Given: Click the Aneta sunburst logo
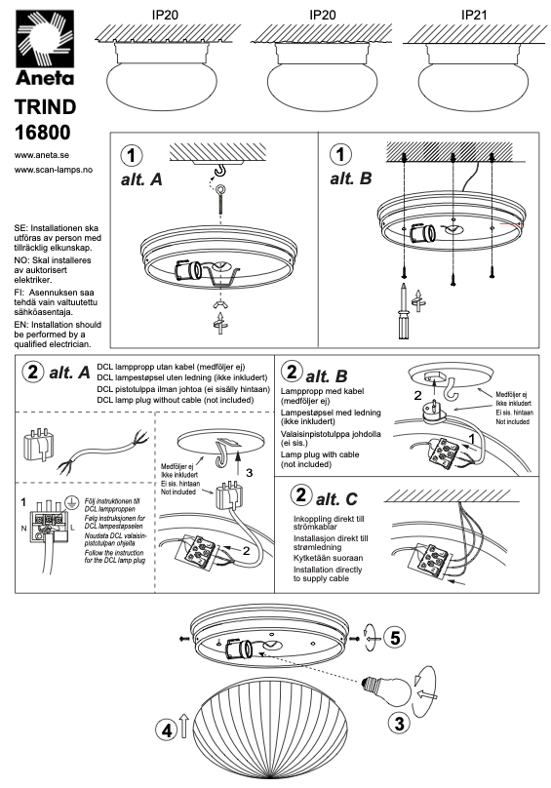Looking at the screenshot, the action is click(x=45, y=39).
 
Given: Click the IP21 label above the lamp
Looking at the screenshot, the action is click(x=474, y=15).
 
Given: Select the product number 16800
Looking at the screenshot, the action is click(x=43, y=133).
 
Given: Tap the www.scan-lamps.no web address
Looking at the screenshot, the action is click(x=54, y=170).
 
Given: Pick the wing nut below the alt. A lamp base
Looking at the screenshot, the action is click(x=219, y=304).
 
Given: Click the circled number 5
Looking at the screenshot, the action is click(x=395, y=637).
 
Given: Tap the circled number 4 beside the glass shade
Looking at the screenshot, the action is click(x=166, y=729).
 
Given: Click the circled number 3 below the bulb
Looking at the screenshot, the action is click(x=399, y=724).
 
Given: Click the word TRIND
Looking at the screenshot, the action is click(x=45, y=107).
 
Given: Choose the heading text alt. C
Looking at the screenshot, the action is click(x=336, y=499).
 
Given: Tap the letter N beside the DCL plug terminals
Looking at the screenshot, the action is click(x=23, y=529).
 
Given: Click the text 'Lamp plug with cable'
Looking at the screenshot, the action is click(x=320, y=454).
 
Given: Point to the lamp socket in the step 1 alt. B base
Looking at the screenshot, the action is click(x=422, y=234).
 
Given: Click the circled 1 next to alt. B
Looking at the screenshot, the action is click(x=340, y=154).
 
